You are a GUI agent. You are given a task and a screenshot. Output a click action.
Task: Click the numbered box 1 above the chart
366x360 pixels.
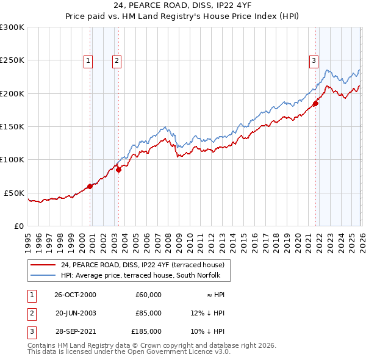[88, 60]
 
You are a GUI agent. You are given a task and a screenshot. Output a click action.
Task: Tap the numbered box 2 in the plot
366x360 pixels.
[116, 60]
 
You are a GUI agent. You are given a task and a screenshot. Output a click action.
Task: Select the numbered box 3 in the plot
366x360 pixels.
[314, 60]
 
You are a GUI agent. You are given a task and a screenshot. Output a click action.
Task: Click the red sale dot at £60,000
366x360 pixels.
[90, 186]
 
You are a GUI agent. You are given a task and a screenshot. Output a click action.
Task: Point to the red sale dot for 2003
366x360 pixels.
[118, 170]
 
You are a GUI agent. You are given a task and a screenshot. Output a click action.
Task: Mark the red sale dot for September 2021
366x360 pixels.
[315, 104]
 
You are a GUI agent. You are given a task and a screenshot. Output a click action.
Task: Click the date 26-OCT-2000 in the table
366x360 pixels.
[76, 295]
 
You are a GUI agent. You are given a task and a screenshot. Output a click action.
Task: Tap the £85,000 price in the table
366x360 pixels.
[148, 313]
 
